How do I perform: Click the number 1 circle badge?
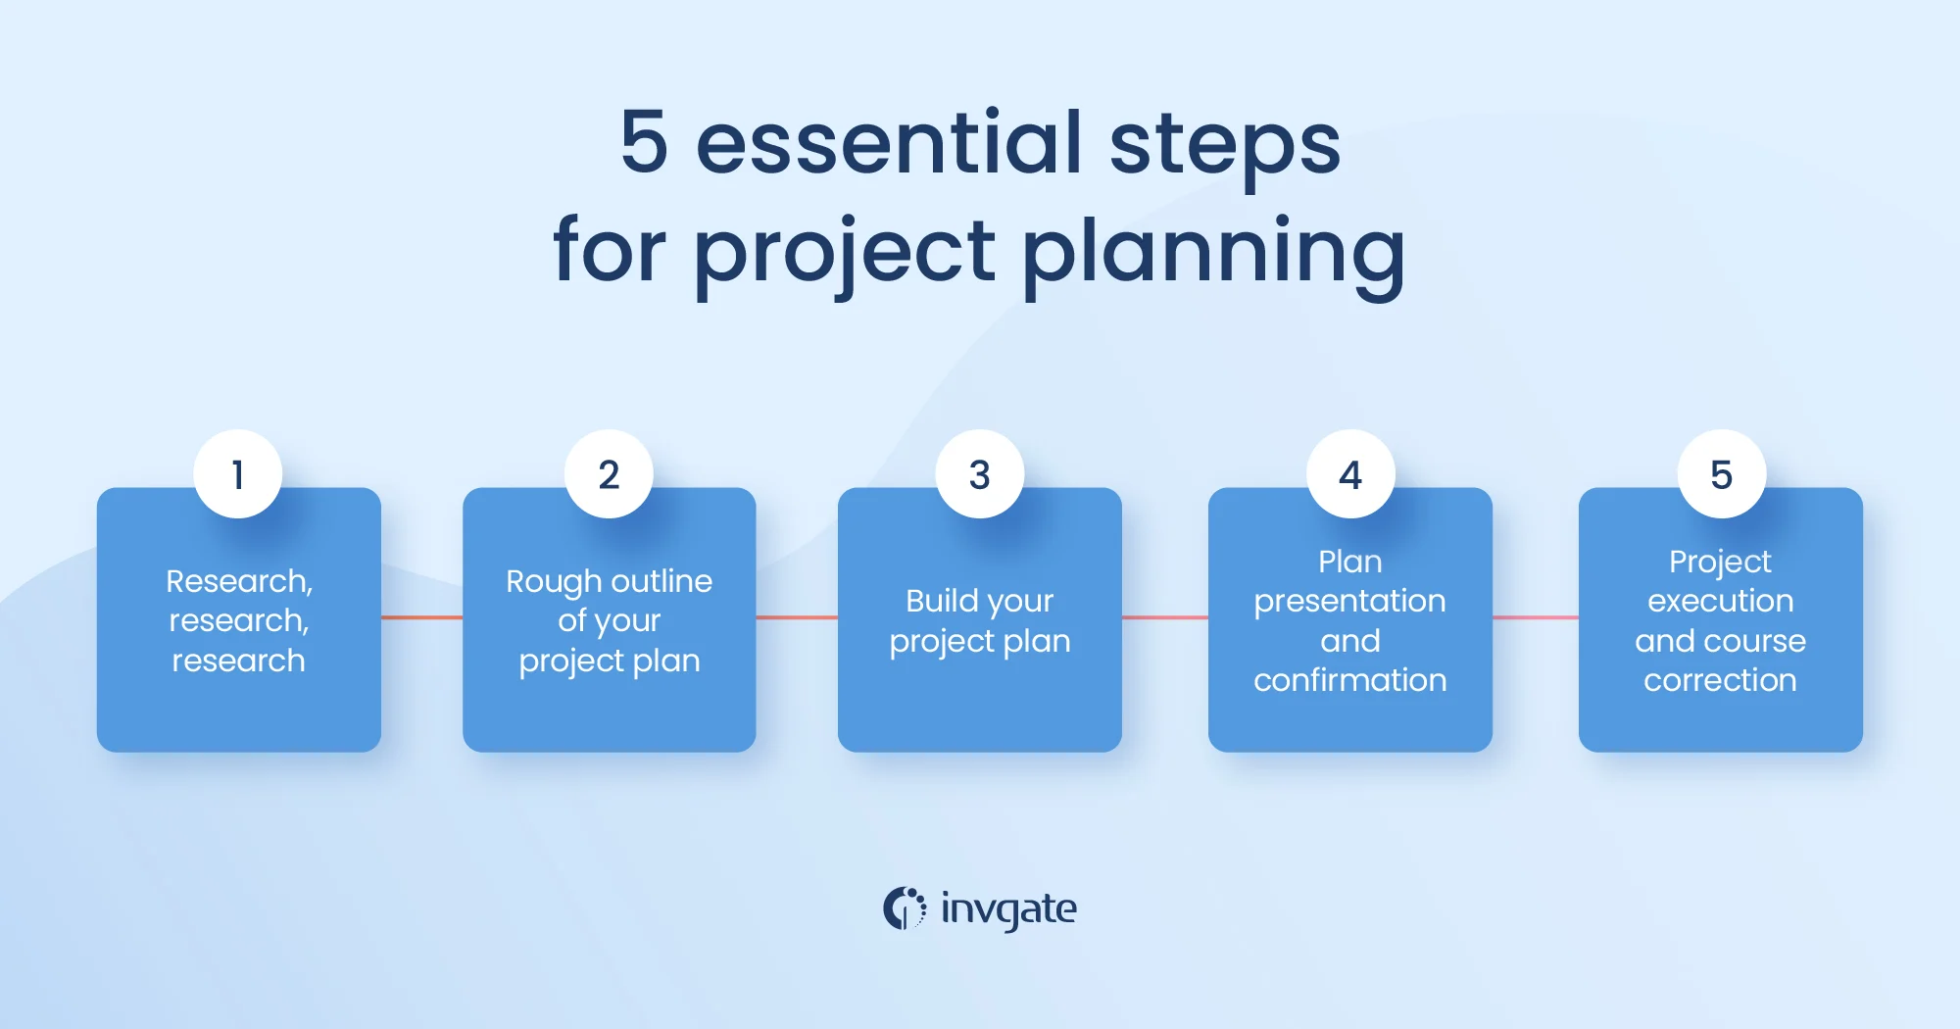pos(238,474)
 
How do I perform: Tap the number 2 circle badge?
pos(609,474)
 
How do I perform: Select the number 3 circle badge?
pos(980,474)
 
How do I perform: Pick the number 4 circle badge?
pos(1350,474)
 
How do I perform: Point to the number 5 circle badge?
pos(1722,474)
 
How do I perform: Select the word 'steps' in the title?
pos(1225,147)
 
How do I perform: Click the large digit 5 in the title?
pos(645,142)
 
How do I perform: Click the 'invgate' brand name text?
pos(1008,909)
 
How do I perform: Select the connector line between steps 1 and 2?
pos(421,617)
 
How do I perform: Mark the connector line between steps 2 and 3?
pos(797,617)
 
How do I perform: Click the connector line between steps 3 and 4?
pos(1165,617)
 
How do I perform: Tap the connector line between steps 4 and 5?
pos(1536,617)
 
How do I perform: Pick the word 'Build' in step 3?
pos(942,600)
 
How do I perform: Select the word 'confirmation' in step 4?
pos(1350,679)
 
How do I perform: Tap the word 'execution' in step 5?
pos(1721,601)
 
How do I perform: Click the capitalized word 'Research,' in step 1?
pos(239,581)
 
